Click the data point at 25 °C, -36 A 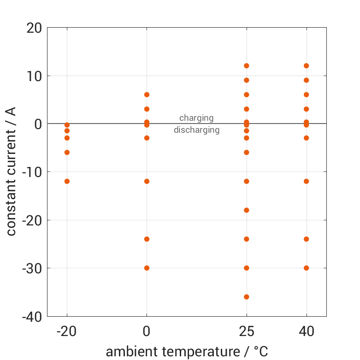(247, 297)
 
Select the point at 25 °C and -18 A (247, 210)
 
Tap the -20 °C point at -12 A (67, 181)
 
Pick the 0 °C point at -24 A (147, 239)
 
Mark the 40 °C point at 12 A (306, 66)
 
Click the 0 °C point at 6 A (147, 94)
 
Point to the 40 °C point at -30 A (306, 268)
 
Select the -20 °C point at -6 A (67, 152)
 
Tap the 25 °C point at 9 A (247, 80)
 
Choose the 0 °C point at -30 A (147, 268)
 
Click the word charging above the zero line (196, 118)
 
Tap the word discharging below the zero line (196, 130)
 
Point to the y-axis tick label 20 (34, 28)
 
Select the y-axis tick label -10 (31, 172)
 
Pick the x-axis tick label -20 (67, 331)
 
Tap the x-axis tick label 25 (247, 331)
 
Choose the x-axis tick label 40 (306, 331)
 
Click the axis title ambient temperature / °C (187, 352)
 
